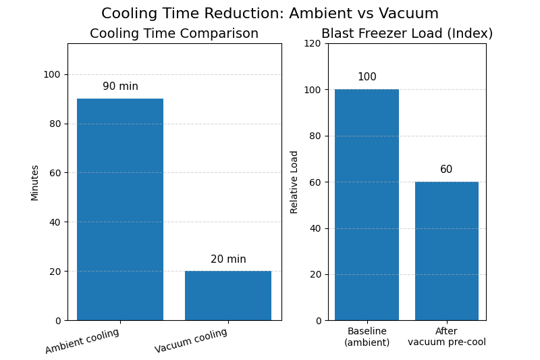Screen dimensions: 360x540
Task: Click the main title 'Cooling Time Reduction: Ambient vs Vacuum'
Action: (x=270, y=14)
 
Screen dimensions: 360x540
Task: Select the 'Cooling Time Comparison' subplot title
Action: (x=174, y=34)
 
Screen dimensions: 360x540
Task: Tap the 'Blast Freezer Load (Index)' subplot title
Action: (x=407, y=34)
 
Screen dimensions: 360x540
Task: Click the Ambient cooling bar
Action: (x=120, y=209)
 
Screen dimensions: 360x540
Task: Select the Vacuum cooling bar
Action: (x=228, y=296)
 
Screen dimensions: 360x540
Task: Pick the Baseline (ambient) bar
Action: (x=367, y=205)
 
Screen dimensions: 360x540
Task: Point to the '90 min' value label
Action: (x=120, y=86)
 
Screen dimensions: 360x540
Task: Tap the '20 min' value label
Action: (x=228, y=259)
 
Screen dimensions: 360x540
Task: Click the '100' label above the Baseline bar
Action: (x=367, y=77)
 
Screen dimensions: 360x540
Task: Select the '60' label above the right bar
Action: (x=446, y=170)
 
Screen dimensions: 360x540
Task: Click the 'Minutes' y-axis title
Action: (x=35, y=182)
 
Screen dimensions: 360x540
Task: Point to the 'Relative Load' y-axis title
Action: (x=294, y=182)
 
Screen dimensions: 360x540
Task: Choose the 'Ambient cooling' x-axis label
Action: (x=82, y=341)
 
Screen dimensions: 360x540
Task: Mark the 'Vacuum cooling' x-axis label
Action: (x=191, y=341)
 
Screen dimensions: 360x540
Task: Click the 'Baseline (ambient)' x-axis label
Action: (x=367, y=336)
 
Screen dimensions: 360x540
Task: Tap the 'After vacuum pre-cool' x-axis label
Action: (x=446, y=336)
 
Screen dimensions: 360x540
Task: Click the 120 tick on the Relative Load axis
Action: (x=313, y=43)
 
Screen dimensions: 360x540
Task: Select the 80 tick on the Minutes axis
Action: (x=51, y=124)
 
